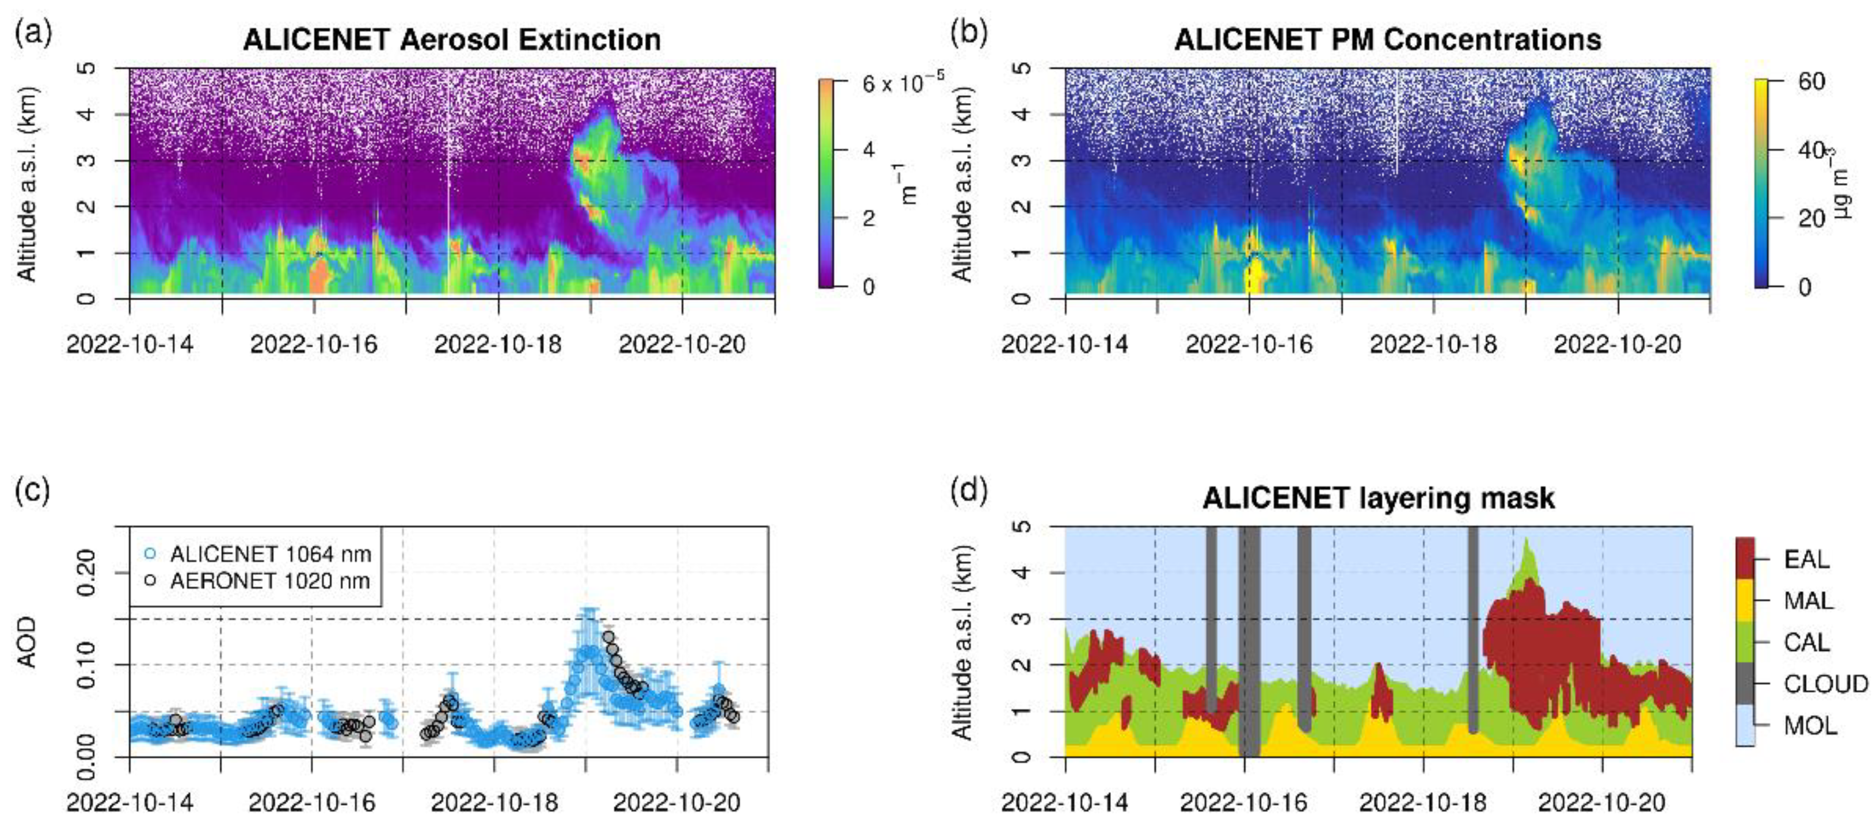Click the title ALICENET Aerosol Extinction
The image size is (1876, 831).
pos(451,39)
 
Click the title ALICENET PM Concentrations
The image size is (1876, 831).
pos(1387,39)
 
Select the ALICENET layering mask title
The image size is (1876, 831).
pos(1379,498)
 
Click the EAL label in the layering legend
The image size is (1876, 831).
pos(1806,559)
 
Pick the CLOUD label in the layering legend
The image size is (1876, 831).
pos(1825,684)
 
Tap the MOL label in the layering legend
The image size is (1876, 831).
pos(1810,725)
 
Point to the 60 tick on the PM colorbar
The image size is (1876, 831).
pos(1811,82)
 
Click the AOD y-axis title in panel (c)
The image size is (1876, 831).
pos(27,642)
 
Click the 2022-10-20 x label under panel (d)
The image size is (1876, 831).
pos(1601,803)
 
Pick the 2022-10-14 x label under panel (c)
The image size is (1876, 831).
pos(130,803)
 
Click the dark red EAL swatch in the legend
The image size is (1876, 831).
pos(1745,559)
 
